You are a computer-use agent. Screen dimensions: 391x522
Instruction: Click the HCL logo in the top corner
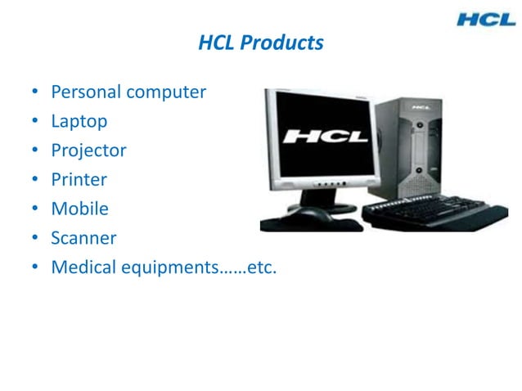486,18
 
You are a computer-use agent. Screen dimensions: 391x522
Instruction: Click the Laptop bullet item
79,122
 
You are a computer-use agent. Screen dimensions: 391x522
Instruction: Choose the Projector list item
88,151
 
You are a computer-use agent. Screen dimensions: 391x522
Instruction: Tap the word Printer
79,179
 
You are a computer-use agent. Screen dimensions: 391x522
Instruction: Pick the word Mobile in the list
79,209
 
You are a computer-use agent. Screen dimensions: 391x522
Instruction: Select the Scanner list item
83,238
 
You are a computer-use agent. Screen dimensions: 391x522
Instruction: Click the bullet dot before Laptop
35,123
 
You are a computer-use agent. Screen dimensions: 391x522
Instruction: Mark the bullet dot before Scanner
35,239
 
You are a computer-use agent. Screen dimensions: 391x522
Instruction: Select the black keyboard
434,213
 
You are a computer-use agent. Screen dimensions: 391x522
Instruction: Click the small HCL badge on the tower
422,107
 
